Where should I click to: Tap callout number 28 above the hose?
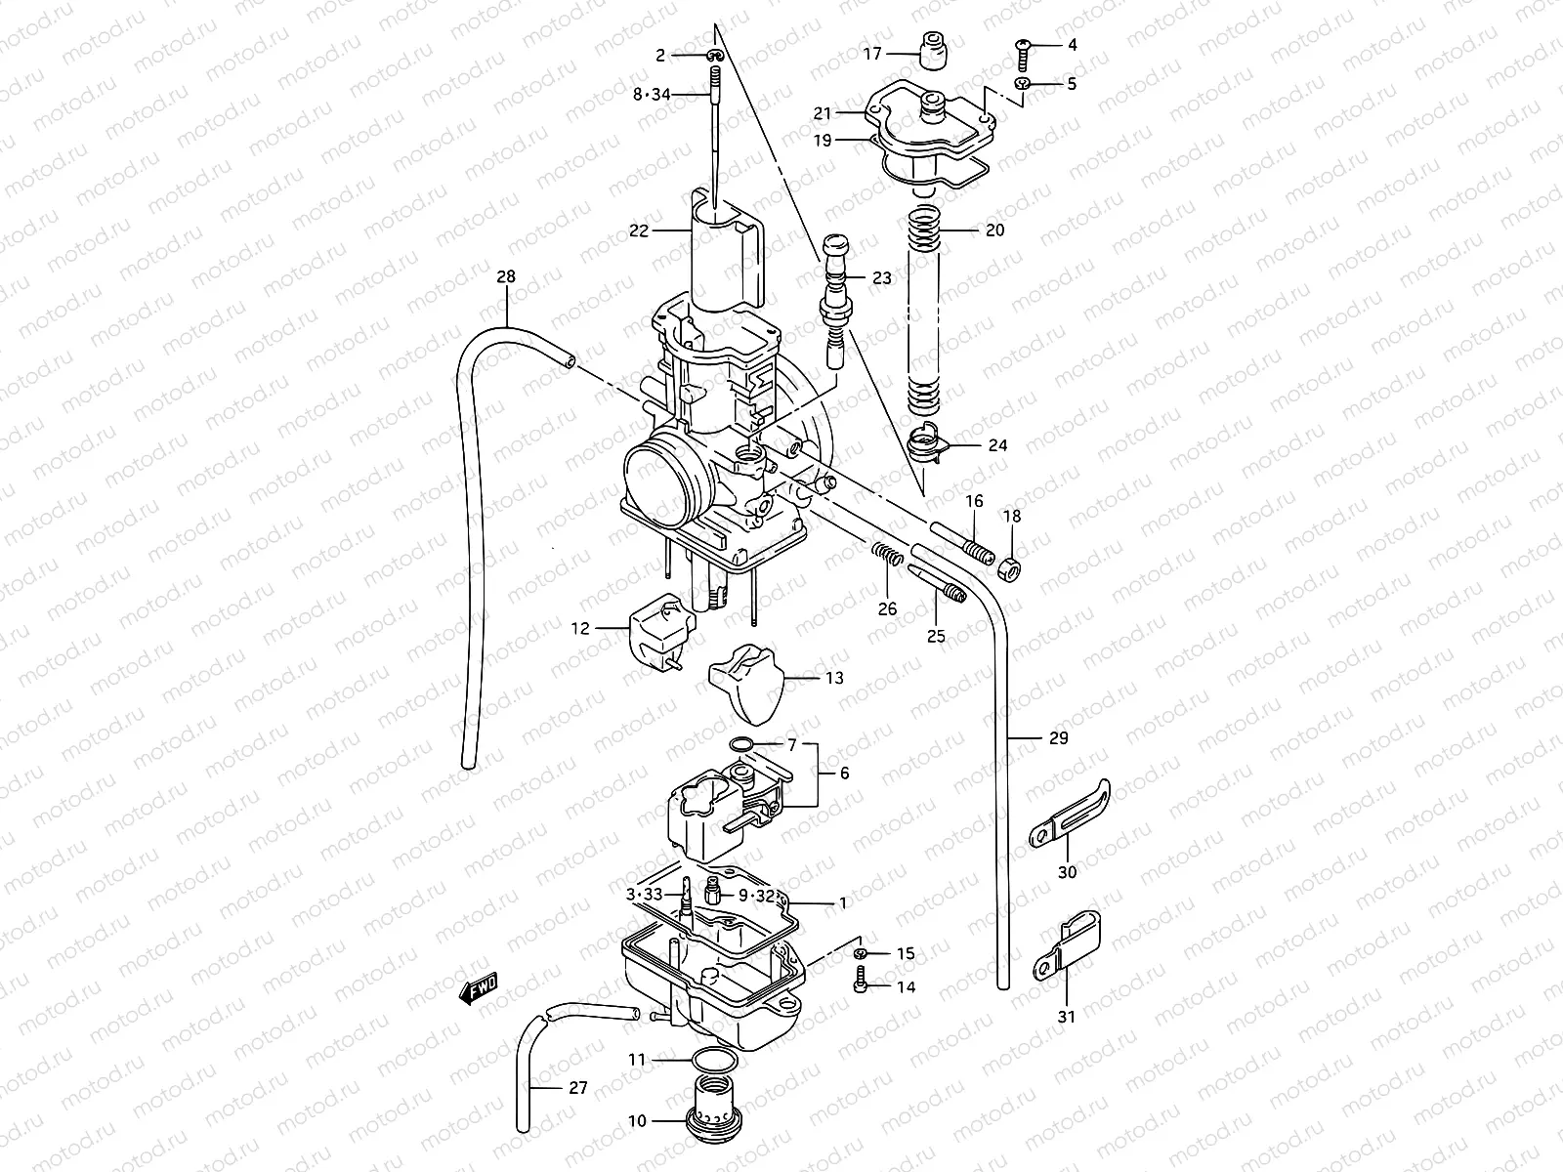pyautogui.click(x=506, y=277)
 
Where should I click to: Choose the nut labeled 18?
pyautogui.click(x=1010, y=566)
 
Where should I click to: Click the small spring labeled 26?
pyautogui.click(x=887, y=559)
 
